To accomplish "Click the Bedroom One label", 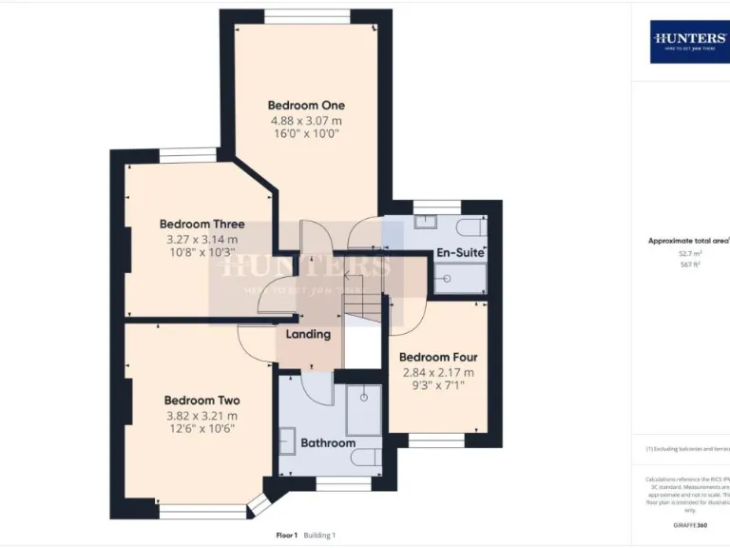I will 306,105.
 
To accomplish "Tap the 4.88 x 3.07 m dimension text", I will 306,121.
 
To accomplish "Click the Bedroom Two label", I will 202,401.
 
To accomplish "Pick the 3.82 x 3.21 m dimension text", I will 202,416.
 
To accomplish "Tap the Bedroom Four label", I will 438,358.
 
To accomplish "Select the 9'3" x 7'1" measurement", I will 438,386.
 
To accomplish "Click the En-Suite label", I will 460,253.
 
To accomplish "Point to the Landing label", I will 309,334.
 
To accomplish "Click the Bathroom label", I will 328,442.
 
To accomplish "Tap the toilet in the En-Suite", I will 471,228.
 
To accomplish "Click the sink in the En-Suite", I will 425,222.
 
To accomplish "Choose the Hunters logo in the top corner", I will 690,41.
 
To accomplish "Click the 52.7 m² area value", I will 689,254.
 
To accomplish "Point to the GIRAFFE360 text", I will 689,524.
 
